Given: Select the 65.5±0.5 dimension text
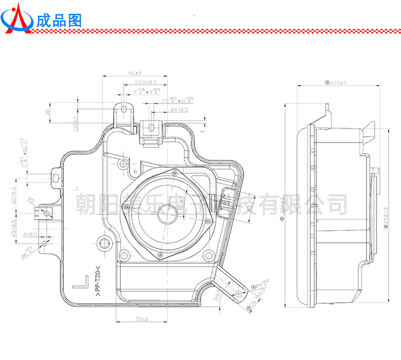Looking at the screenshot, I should point(146,82).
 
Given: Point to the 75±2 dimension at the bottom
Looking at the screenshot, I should point(141,319).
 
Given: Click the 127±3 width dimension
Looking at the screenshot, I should point(336,83).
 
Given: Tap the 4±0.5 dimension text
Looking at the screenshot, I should point(30,234).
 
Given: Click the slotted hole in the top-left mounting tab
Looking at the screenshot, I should point(123,110).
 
